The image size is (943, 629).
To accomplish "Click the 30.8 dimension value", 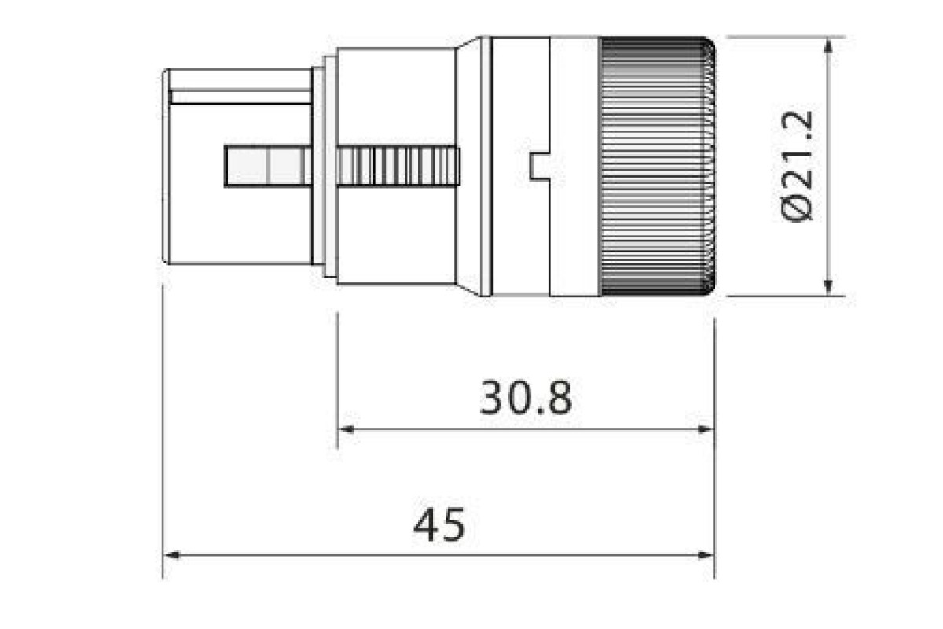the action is click(526, 397).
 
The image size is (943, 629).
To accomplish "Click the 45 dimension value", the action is click(439, 524).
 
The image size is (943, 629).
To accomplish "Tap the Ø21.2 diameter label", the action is click(797, 166).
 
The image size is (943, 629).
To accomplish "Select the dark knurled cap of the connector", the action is click(658, 166).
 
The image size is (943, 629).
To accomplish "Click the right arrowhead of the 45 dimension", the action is click(706, 555).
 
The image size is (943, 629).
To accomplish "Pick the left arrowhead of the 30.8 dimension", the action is click(346, 430).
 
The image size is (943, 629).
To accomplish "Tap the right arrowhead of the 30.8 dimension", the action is click(706, 430).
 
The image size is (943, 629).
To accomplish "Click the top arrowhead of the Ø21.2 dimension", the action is click(827, 46).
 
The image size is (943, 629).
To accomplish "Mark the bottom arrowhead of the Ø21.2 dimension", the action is click(827, 287).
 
